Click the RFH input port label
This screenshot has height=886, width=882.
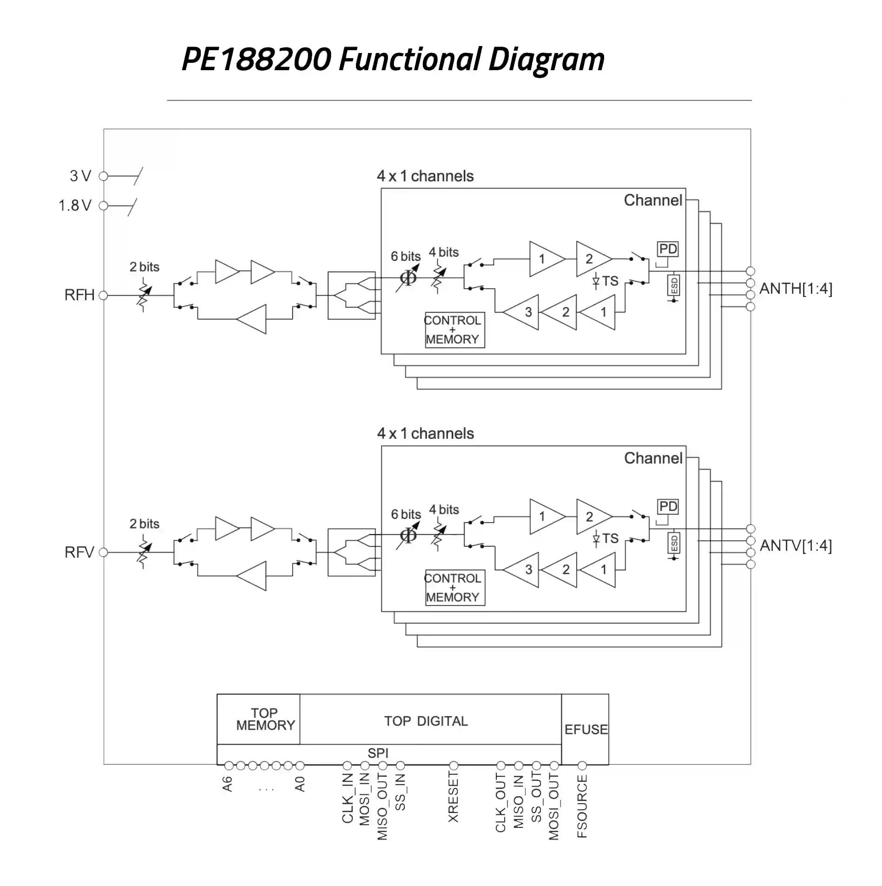(x=79, y=295)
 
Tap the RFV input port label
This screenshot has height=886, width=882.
(x=79, y=552)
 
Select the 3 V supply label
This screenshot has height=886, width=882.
(x=80, y=176)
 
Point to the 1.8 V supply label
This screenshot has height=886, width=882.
(x=75, y=205)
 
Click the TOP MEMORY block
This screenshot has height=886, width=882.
(x=265, y=719)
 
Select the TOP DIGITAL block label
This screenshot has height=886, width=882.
(x=426, y=721)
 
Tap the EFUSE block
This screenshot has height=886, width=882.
(x=586, y=729)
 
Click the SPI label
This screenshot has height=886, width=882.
(x=378, y=753)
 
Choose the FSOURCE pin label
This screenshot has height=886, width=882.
(x=582, y=806)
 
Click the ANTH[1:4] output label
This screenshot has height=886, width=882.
(x=796, y=289)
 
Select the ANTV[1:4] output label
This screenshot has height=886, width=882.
(x=796, y=546)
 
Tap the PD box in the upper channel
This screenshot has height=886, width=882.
(x=668, y=249)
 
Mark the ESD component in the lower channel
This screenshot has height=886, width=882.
(x=674, y=543)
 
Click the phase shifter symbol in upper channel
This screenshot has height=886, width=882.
(x=408, y=278)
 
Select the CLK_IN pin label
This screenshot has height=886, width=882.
(x=348, y=798)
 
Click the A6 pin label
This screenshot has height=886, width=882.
(x=227, y=784)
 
